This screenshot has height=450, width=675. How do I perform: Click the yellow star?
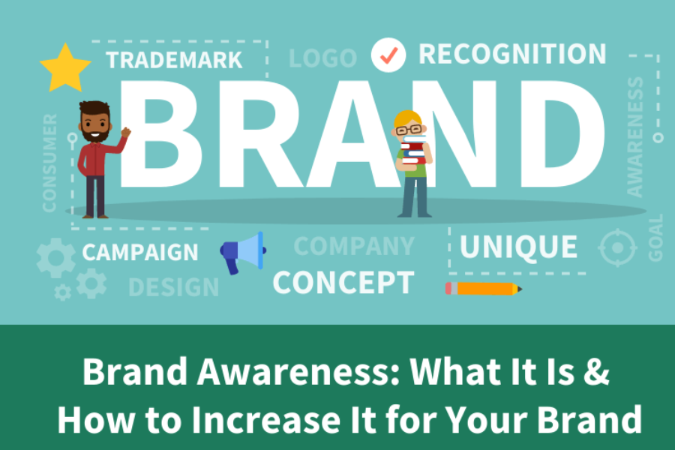point(65,68)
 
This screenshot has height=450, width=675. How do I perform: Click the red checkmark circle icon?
point(388,55)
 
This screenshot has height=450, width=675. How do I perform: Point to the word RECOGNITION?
point(512,54)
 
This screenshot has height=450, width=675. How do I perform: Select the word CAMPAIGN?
point(140,253)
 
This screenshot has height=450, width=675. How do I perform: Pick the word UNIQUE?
point(518,247)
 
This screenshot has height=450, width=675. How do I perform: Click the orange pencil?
point(484,288)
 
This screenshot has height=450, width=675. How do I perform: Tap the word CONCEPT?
point(343,283)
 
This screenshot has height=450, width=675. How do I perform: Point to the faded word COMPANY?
point(353,246)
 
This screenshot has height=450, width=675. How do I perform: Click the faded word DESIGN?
point(173,287)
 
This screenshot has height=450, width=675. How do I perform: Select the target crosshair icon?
point(617,247)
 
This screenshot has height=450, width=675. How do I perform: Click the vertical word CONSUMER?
point(49,161)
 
